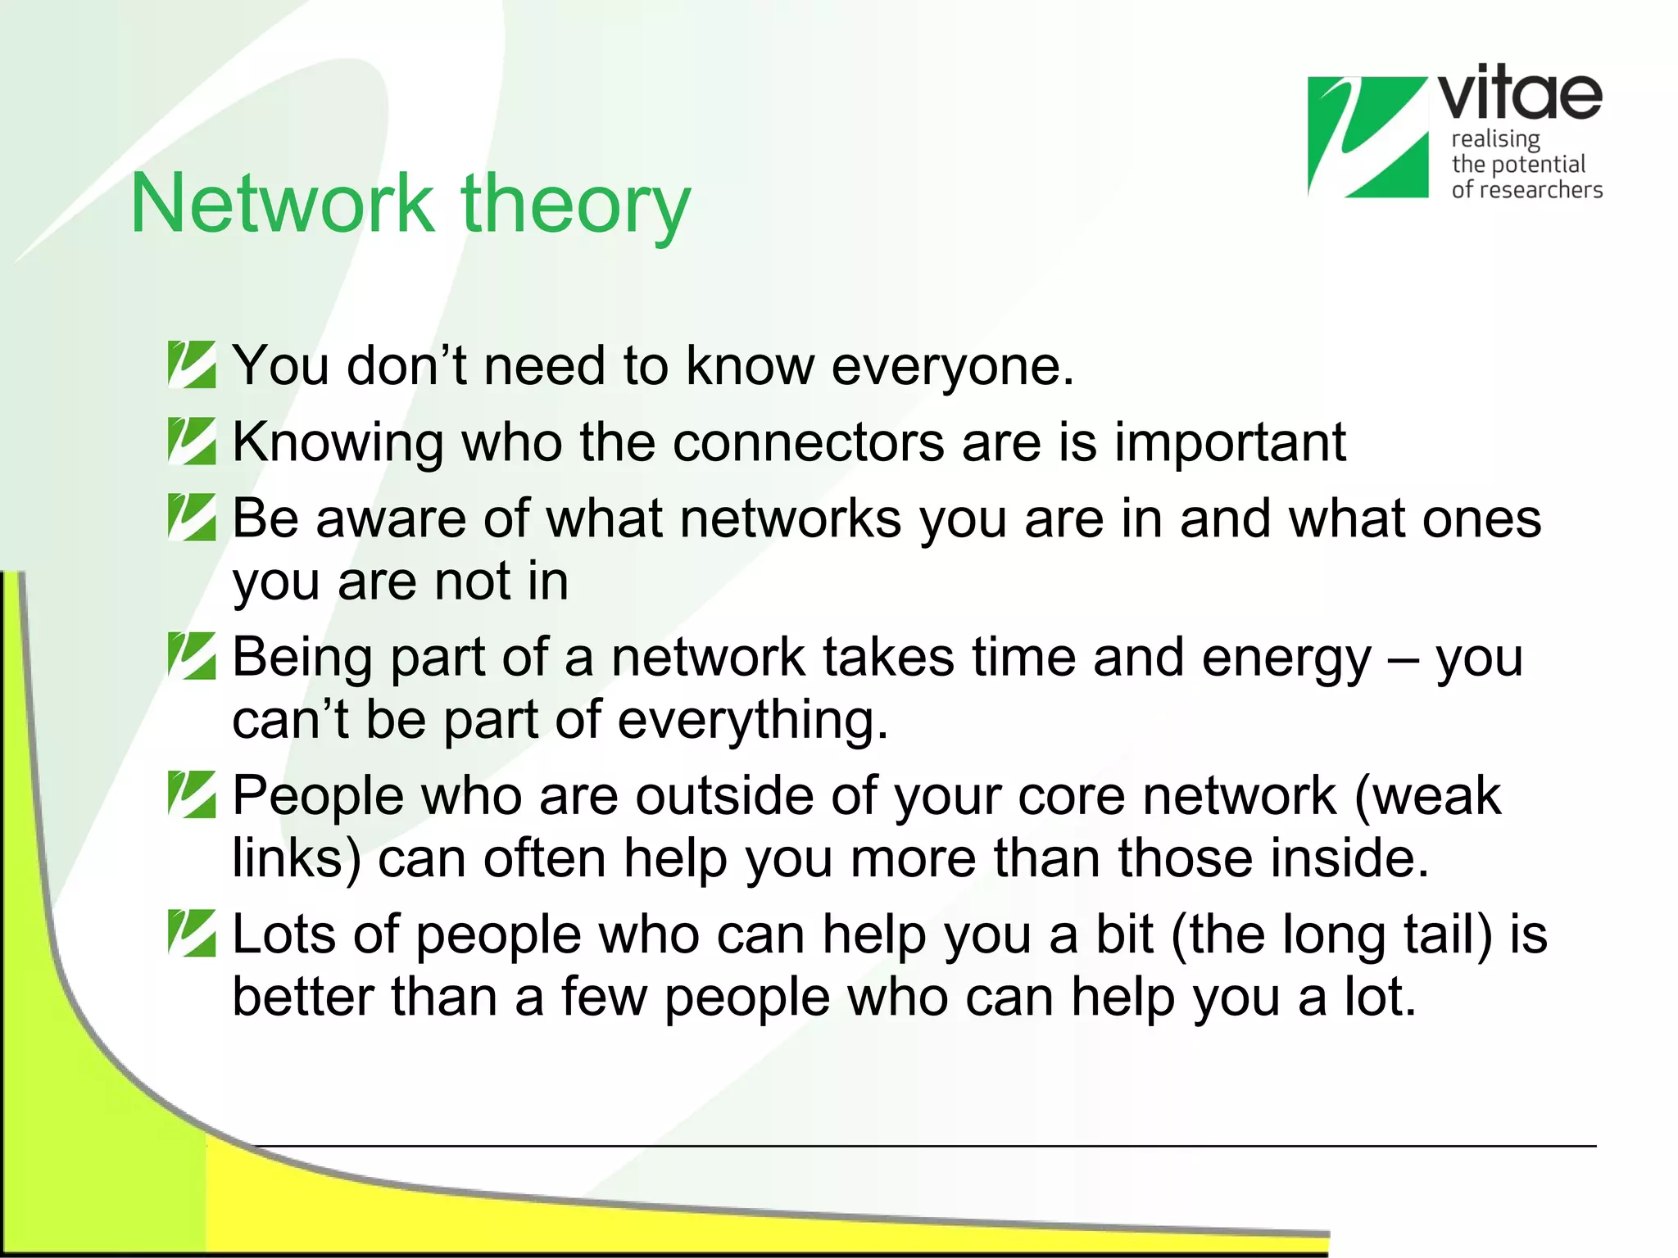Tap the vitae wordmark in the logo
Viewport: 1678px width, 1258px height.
(x=1521, y=93)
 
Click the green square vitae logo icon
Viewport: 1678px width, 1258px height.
(x=1367, y=137)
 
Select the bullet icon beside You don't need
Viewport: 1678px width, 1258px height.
(x=192, y=364)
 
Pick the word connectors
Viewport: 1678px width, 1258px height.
(x=809, y=442)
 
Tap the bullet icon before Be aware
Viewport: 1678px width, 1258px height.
(x=192, y=517)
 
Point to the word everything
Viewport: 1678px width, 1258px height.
(x=751, y=720)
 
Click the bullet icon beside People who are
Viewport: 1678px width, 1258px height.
(x=192, y=794)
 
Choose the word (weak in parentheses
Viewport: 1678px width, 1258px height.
(x=1428, y=796)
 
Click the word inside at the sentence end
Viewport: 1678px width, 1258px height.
(x=1349, y=858)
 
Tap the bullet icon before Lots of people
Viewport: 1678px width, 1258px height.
(x=192, y=933)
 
